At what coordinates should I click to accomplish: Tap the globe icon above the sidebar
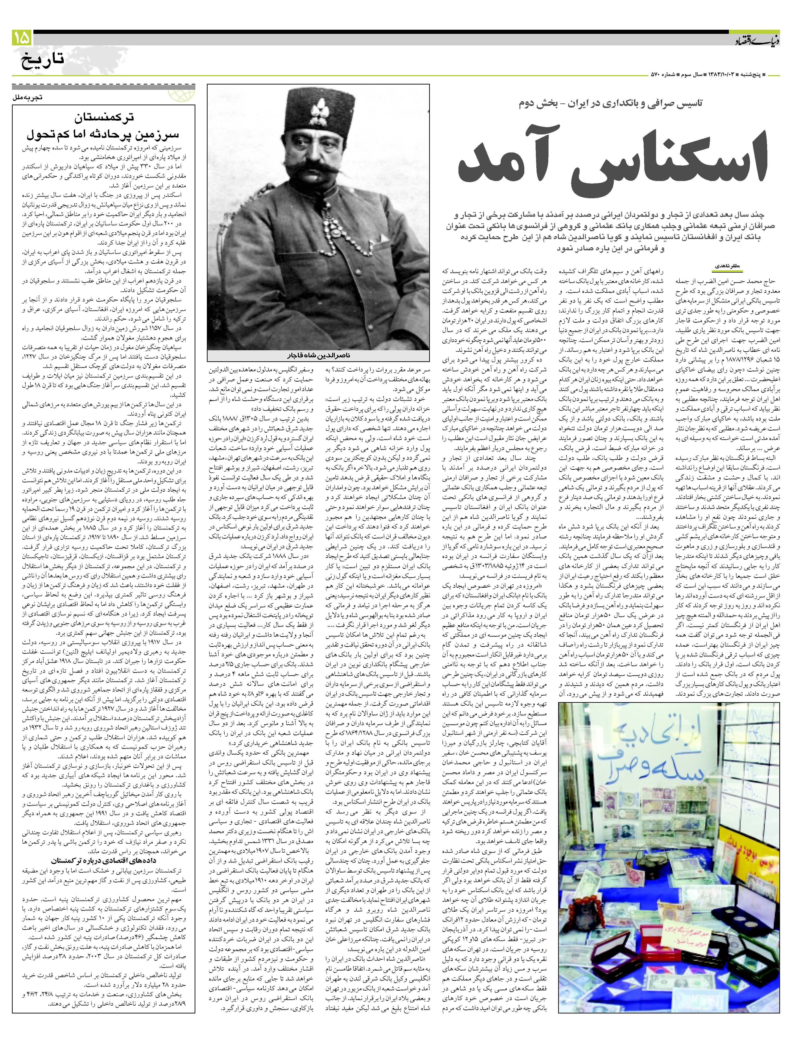(x=182, y=94)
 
